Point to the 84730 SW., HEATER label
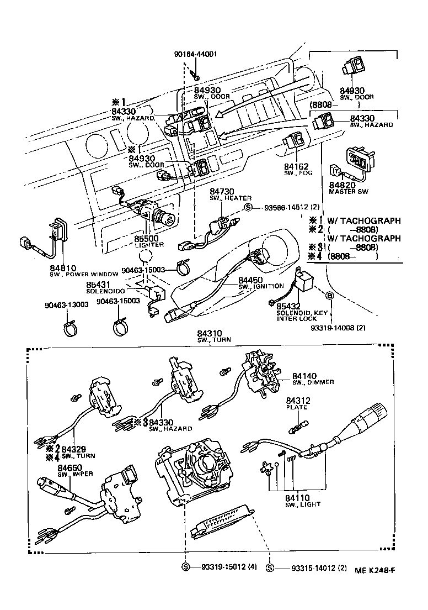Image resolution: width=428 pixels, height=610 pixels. click(x=230, y=194)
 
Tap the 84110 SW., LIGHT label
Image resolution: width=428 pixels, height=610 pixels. click(x=302, y=501)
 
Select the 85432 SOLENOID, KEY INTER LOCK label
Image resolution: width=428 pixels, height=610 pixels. click(x=298, y=313)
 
